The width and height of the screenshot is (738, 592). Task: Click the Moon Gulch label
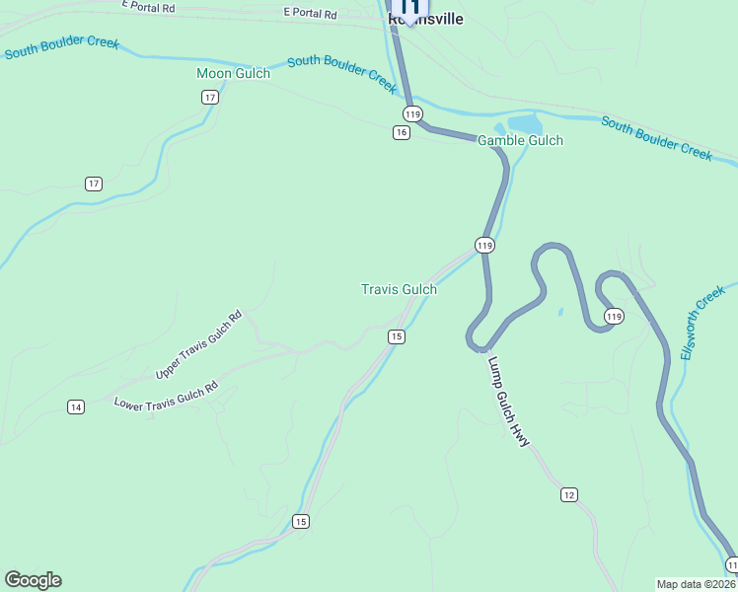(233, 74)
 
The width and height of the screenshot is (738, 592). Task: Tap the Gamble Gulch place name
(520, 140)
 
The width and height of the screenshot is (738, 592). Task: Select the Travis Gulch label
(399, 289)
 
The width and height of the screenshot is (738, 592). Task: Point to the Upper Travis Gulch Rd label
(198, 346)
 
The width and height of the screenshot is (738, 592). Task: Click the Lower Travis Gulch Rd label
(166, 397)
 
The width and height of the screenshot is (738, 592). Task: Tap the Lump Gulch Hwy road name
(508, 401)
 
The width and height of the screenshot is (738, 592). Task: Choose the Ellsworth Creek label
(701, 323)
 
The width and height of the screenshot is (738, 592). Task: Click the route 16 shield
(401, 132)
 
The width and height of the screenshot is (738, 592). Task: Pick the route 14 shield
(76, 407)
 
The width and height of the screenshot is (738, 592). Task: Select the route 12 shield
(568, 494)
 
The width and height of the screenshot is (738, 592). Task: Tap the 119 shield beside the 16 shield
(413, 113)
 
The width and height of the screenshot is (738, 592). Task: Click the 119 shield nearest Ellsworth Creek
(614, 316)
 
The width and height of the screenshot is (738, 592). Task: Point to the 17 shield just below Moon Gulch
(209, 97)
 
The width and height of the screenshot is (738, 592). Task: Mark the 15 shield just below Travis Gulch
(397, 336)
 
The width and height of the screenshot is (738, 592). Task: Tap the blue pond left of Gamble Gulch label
(525, 123)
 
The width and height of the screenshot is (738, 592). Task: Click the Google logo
(33, 580)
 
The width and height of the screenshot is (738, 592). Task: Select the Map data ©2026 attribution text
(696, 584)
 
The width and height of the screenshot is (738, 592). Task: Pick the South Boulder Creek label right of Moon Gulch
(342, 74)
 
